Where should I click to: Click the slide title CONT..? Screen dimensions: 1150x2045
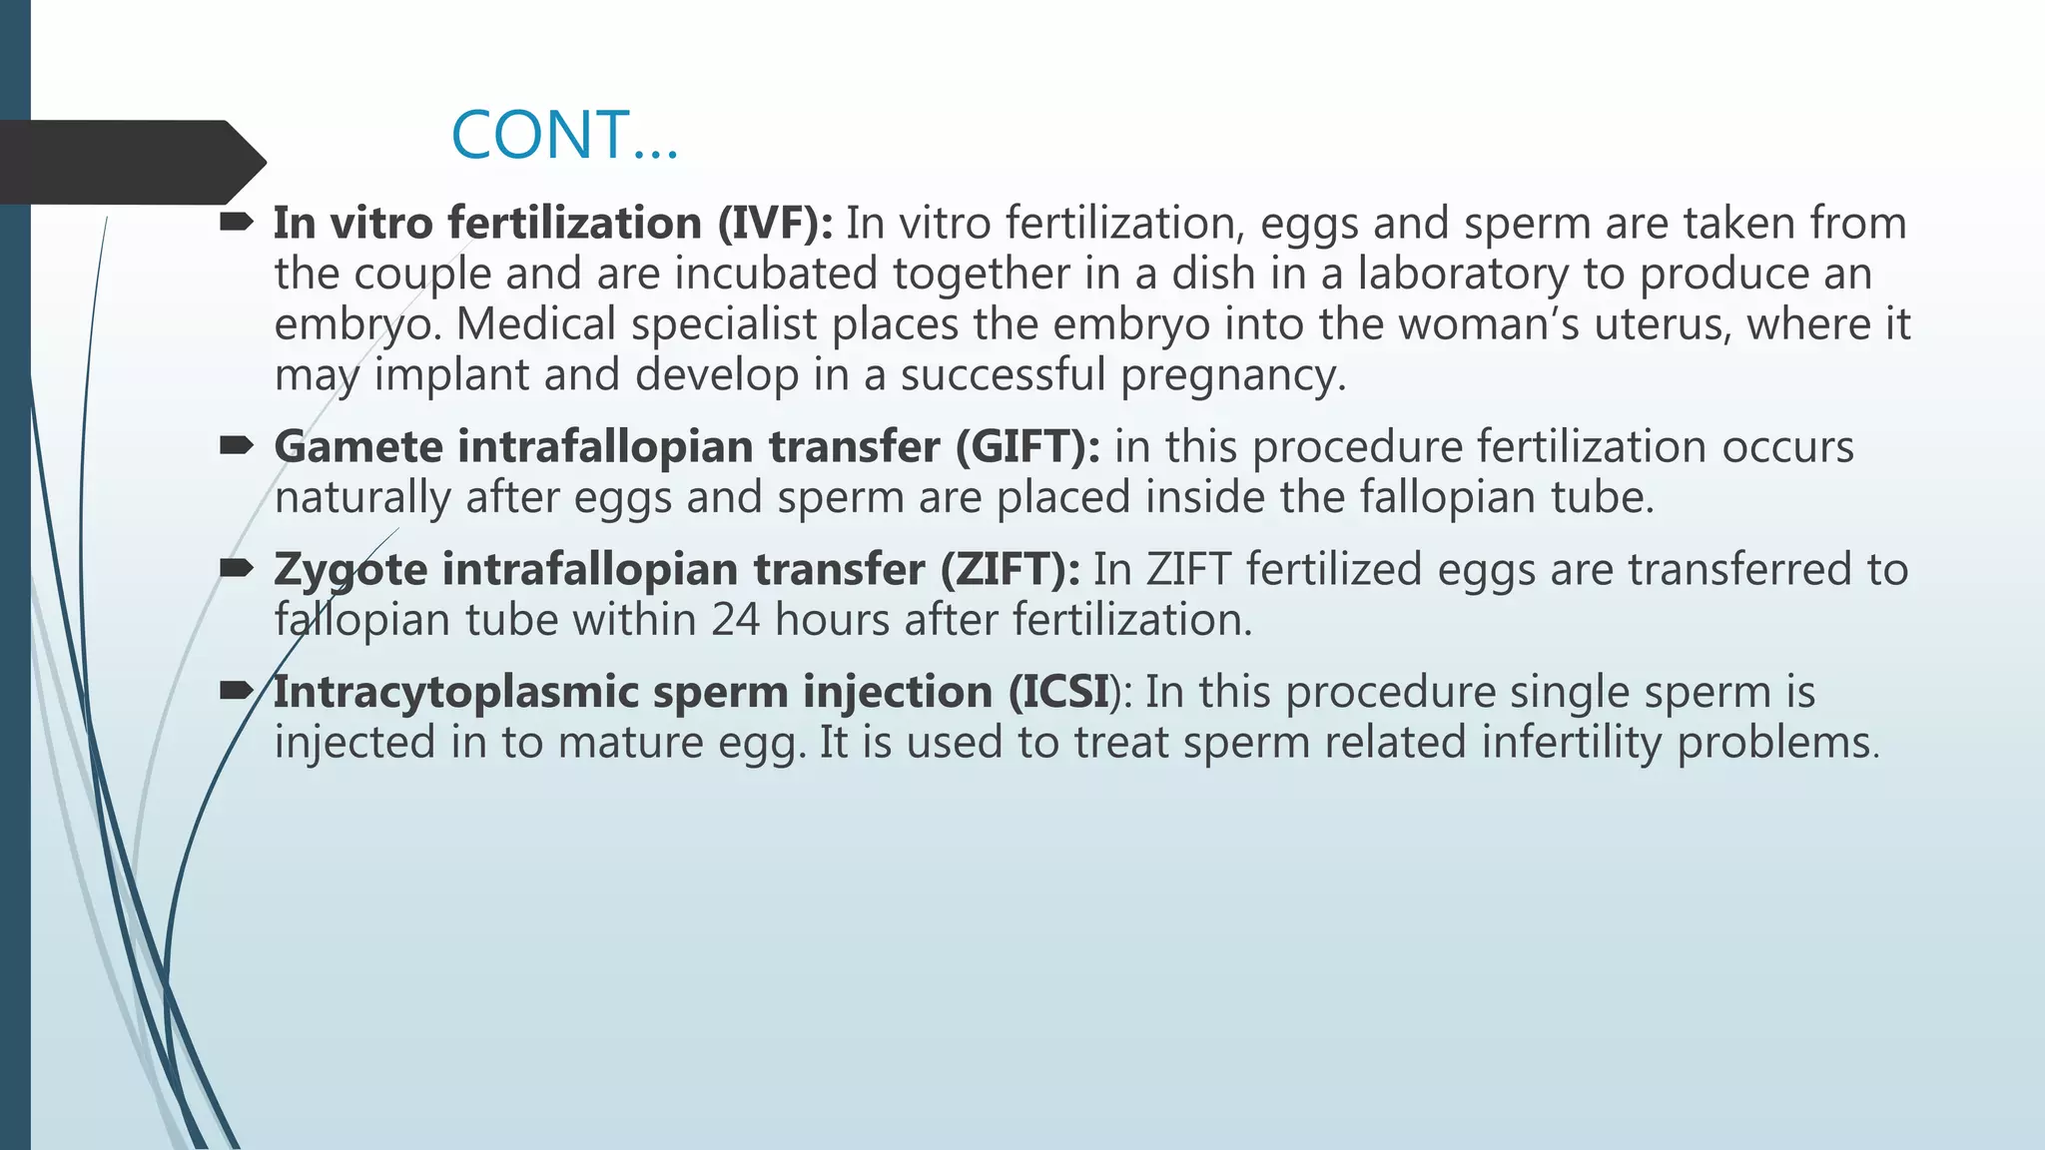coord(564,136)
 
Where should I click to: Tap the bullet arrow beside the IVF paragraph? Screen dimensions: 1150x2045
coord(237,223)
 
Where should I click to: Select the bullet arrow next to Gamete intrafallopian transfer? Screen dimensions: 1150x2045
coord(237,446)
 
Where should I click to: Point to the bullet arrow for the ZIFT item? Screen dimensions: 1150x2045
coord(237,569)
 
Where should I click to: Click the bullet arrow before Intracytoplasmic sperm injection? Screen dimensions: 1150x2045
coord(237,691)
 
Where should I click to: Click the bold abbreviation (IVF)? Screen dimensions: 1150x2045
coord(775,223)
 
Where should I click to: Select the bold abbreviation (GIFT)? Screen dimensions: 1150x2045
coord(1027,446)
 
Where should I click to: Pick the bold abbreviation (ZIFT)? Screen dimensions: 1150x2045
coord(1010,569)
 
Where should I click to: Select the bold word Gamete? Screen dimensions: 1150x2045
coord(358,446)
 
